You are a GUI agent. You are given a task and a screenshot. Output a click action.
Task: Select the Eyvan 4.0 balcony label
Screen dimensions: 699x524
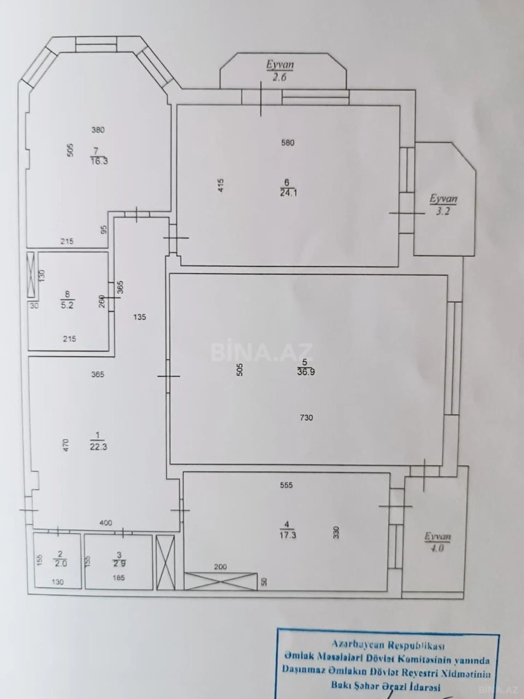[x=437, y=542]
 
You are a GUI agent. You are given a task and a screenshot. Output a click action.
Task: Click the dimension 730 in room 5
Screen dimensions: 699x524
[x=307, y=418]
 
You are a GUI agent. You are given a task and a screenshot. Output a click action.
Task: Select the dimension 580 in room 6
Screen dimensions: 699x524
[x=288, y=142]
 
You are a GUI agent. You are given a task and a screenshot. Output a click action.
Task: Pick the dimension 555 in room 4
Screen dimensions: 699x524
[x=286, y=485]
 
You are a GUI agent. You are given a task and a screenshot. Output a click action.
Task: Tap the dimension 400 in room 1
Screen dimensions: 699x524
[x=106, y=523]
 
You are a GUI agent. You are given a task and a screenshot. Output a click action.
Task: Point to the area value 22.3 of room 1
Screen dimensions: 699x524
[x=98, y=447]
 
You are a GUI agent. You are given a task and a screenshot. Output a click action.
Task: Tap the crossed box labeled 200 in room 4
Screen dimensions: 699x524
[x=220, y=581]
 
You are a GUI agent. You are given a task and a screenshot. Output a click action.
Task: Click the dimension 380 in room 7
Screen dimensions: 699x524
[x=98, y=130]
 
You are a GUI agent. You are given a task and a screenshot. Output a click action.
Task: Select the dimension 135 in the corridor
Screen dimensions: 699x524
[x=140, y=317]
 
